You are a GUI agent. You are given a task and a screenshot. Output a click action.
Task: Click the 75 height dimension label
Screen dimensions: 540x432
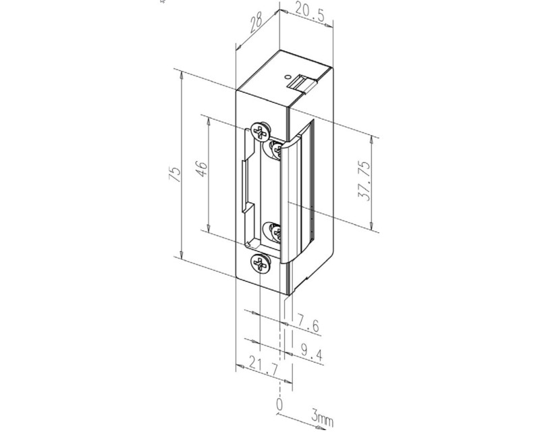click(x=175, y=174)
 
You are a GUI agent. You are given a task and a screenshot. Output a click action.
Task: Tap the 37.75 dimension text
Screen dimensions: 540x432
click(x=364, y=180)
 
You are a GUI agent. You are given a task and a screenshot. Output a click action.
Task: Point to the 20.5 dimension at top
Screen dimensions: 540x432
click(x=309, y=13)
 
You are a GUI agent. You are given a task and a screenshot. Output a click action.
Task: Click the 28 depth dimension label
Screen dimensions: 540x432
click(x=256, y=22)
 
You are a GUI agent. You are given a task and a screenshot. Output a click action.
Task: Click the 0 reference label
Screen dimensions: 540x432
click(x=279, y=404)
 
